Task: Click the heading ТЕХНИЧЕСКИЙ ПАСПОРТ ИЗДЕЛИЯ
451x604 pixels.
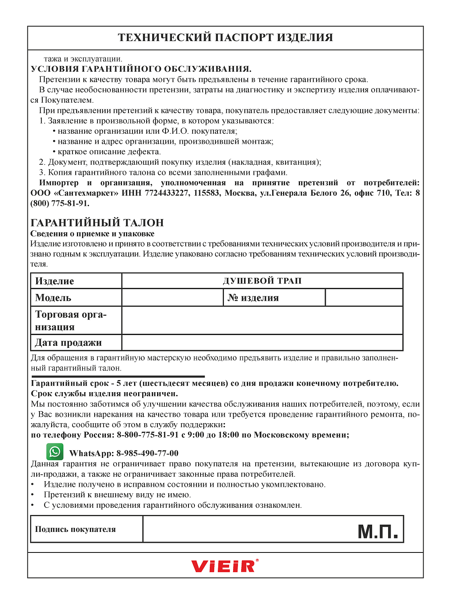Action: [x=225, y=38]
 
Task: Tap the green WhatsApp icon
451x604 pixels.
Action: [x=55, y=452]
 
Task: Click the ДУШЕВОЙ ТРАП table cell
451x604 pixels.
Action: [x=262, y=281]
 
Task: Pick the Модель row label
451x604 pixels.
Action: [x=53, y=298]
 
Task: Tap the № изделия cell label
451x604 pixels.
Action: [x=253, y=298]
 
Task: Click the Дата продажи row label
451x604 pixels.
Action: [x=68, y=343]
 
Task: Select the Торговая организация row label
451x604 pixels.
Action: [x=70, y=321]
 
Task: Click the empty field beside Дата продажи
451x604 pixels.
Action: [x=262, y=343]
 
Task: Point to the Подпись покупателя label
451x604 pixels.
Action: [x=75, y=530]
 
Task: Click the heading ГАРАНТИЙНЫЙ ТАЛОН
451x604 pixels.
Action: [x=97, y=223]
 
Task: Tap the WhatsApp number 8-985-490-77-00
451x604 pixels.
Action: [x=147, y=453]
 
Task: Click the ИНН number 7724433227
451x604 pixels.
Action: [x=166, y=193]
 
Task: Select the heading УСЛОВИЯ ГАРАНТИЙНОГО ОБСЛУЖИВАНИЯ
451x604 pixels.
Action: [x=141, y=69]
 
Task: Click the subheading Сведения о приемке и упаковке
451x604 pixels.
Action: [x=92, y=234]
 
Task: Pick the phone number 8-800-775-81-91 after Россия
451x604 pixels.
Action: [x=147, y=435]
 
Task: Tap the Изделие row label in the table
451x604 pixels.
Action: [x=55, y=281]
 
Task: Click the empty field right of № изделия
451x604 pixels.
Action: [x=364, y=298]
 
